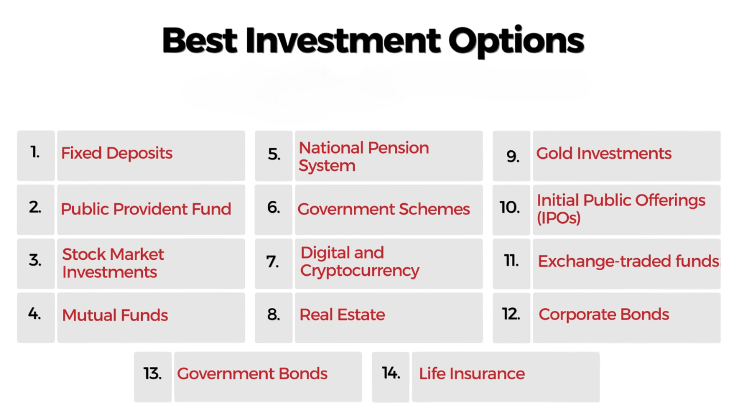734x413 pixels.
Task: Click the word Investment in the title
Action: [343, 40]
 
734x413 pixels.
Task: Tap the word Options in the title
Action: [516, 41]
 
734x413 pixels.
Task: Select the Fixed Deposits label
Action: [117, 153]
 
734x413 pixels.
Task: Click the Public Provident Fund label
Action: [146, 209]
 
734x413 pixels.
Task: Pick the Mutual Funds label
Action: [115, 315]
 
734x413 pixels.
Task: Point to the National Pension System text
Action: [364, 157]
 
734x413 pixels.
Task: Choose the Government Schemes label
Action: [384, 209]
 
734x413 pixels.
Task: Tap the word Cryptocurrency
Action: [360, 271]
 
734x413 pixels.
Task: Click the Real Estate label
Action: [342, 314]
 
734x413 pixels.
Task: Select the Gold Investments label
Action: [604, 153]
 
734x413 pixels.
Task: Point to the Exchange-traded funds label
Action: [628, 262]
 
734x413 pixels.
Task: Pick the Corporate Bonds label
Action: [604, 314]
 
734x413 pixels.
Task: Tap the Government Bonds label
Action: [252, 373]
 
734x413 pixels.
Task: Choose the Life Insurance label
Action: [472, 373]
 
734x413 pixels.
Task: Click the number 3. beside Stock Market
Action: [36, 260]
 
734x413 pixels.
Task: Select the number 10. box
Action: [510, 208]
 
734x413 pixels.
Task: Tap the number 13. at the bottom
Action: [153, 373]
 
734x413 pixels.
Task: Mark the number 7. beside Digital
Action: [273, 262]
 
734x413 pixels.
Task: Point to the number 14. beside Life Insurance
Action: [391, 373]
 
